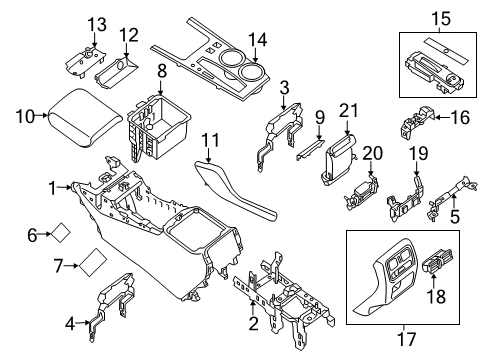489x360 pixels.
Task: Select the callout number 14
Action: [258, 40]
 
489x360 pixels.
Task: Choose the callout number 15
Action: [439, 16]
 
